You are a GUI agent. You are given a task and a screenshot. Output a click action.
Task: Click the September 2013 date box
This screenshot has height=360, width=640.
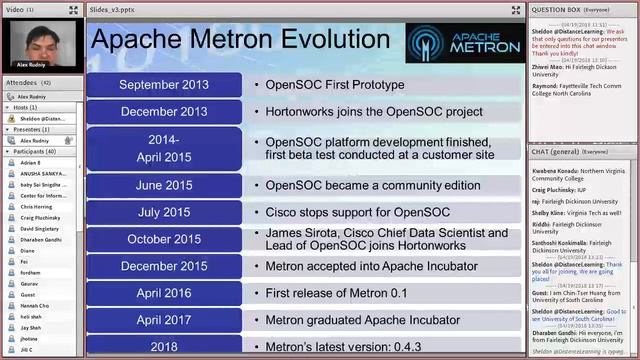pos(164,85)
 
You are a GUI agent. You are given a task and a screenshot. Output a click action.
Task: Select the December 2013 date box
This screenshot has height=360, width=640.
pos(164,111)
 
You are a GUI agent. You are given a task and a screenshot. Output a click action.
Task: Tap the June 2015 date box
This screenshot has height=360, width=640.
pos(164,185)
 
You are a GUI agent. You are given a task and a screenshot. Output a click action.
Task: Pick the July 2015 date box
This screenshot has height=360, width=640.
pos(164,212)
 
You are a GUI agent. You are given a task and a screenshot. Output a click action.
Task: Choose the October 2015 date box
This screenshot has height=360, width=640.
pos(164,239)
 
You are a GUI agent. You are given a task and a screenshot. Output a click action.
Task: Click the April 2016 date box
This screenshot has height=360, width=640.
pos(164,293)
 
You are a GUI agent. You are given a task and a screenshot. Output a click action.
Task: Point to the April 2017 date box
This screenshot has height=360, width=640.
pos(164,320)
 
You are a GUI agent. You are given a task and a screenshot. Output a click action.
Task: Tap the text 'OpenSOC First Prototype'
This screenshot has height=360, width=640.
pos(334,85)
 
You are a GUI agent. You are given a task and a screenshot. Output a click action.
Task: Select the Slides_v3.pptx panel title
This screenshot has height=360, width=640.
pos(111,9)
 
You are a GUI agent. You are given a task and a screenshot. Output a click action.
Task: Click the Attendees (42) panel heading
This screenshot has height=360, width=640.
pos(28,82)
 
